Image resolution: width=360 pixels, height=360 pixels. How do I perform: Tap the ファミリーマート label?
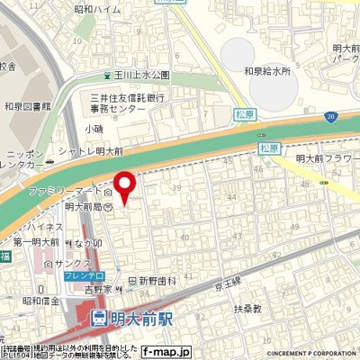(65, 192)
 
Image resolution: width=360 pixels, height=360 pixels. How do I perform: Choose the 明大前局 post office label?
(78, 206)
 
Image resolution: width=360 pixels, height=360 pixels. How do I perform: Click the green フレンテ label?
(84, 277)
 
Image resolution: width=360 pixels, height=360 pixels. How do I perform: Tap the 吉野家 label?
(95, 290)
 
